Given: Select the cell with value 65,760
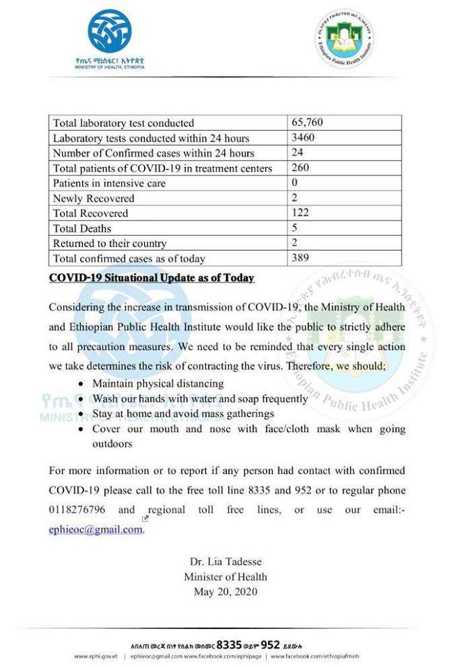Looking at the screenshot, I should (307, 123).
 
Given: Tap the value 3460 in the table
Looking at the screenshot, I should (303, 138).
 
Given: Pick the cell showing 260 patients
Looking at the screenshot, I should (301, 168).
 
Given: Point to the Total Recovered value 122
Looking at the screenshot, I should (301, 213).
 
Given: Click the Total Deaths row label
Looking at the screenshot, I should (82, 228).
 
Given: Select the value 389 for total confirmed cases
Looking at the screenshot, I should (301, 258).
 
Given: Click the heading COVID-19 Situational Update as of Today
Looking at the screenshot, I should (151, 278).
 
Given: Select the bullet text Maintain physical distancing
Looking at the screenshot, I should (158, 383).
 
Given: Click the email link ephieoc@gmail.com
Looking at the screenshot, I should (96, 530).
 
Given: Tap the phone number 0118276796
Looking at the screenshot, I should (77, 510).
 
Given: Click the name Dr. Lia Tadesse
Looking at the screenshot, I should (226, 562).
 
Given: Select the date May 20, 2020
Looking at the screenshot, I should (226, 592).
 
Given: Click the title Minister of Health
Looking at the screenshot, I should (226, 577).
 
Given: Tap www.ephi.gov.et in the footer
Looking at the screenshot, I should (96, 656).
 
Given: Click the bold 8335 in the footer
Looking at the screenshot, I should (230, 644).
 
